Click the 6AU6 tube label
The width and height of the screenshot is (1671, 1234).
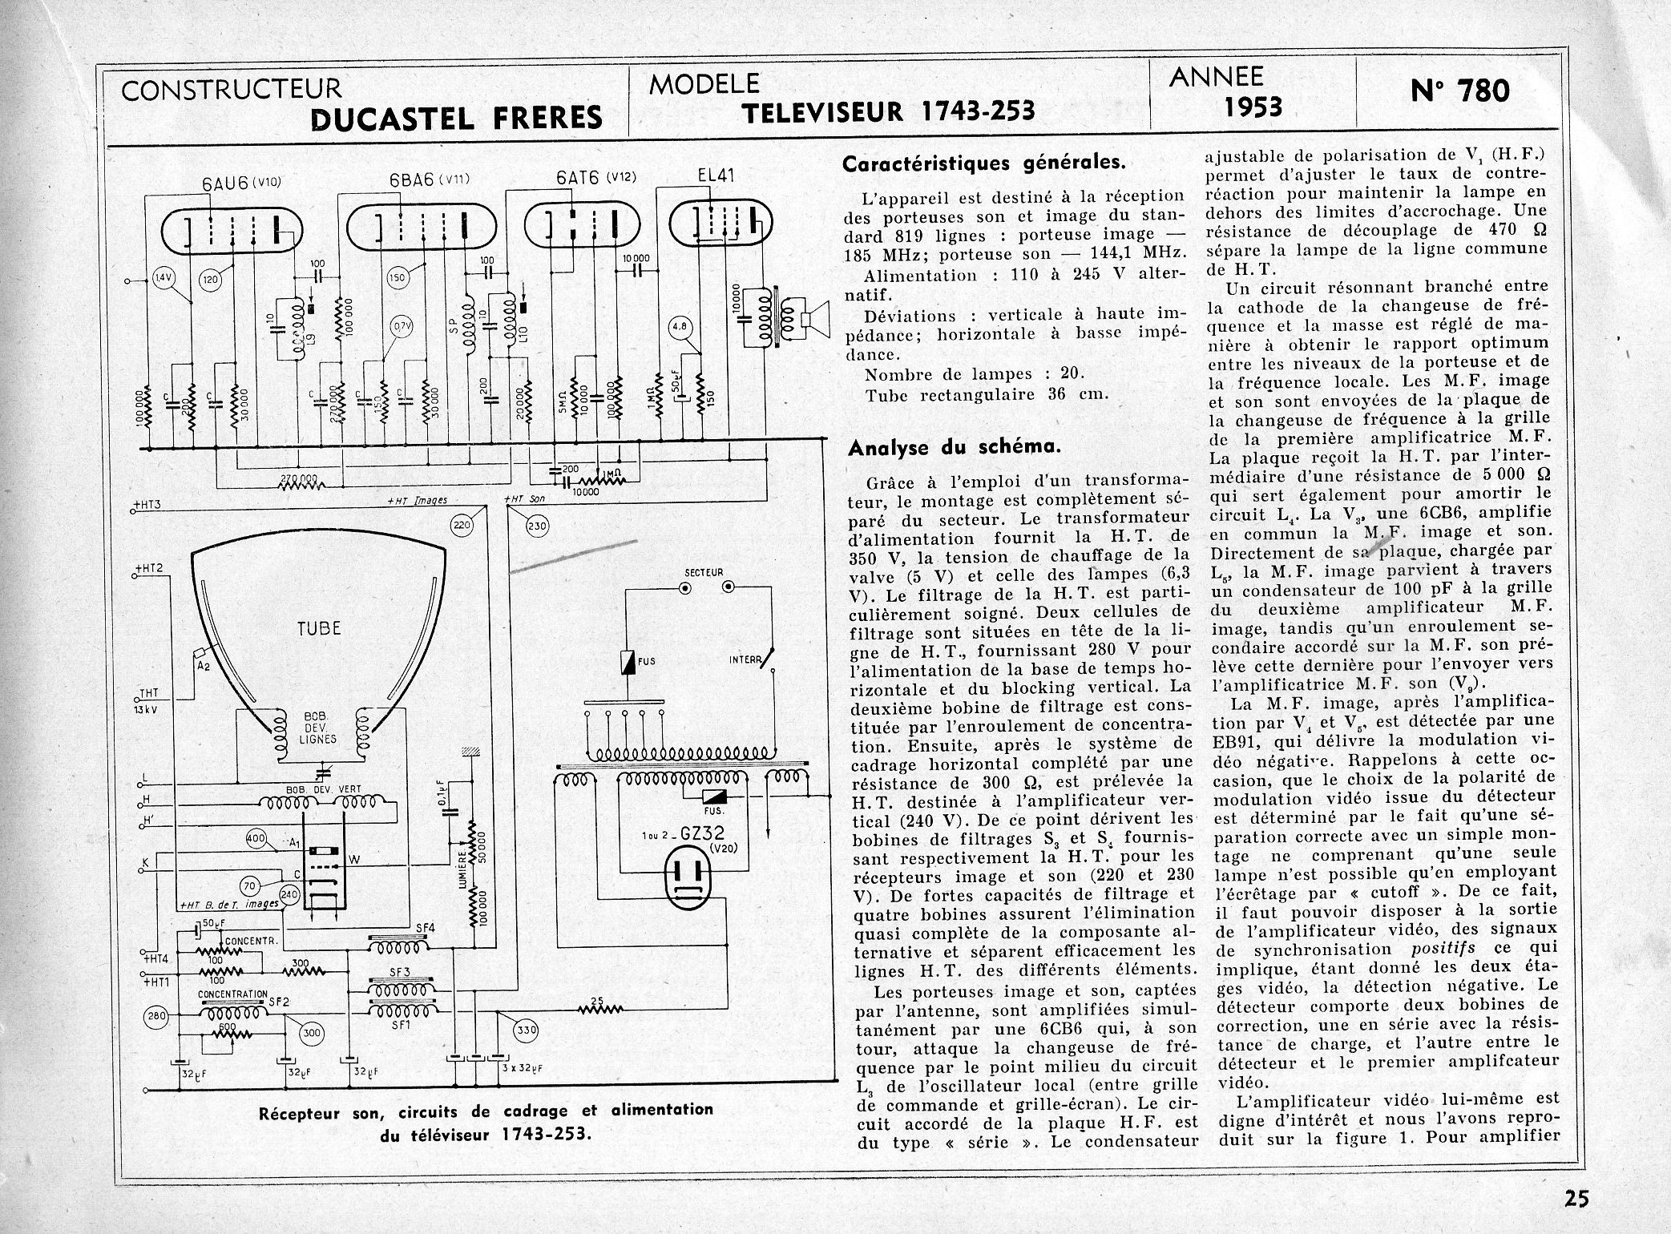(225, 183)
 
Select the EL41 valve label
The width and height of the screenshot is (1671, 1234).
(715, 175)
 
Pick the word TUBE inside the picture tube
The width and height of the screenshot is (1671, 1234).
(319, 627)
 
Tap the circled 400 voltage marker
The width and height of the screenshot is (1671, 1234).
(256, 838)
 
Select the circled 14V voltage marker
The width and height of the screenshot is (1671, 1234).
(163, 278)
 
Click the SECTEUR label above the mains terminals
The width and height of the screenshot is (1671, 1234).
(704, 573)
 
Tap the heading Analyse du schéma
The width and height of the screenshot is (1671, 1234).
(954, 448)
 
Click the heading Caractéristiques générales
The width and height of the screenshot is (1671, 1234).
(984, 163)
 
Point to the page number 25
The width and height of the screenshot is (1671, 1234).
(1575, 1199)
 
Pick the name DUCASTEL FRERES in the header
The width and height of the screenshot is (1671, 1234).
(455, 118)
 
